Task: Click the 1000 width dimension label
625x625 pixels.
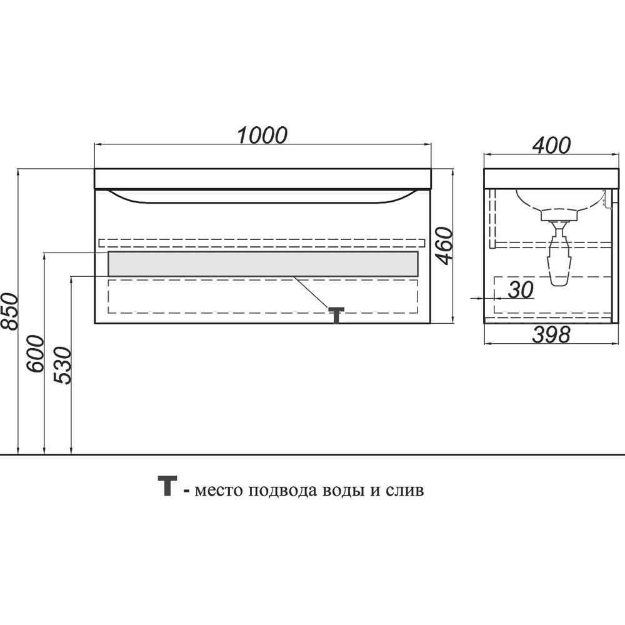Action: pos(262,135)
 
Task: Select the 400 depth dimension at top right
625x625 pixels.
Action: pos(551,145)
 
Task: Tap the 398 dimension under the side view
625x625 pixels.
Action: pos(551,335)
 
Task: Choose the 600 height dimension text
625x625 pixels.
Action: pos(36,354)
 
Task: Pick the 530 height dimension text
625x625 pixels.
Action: pos(64,366)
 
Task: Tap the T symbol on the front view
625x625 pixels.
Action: pos(337,314)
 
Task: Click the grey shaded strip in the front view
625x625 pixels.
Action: pos(262,264)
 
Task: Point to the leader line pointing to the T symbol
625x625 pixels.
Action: pos(312,291)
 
